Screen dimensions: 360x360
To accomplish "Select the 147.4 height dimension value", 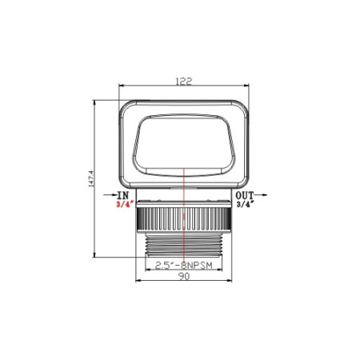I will click(93, 177).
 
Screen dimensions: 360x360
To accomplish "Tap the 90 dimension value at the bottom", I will click(183, 276).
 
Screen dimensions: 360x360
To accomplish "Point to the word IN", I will click(122, 194).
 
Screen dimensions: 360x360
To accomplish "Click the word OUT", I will click(245, 194).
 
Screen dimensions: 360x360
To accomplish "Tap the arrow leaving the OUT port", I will click(267, 194).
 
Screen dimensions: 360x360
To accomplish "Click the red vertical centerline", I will click(184, 216).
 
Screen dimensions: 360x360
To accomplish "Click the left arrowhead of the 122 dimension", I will click(122, 87).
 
